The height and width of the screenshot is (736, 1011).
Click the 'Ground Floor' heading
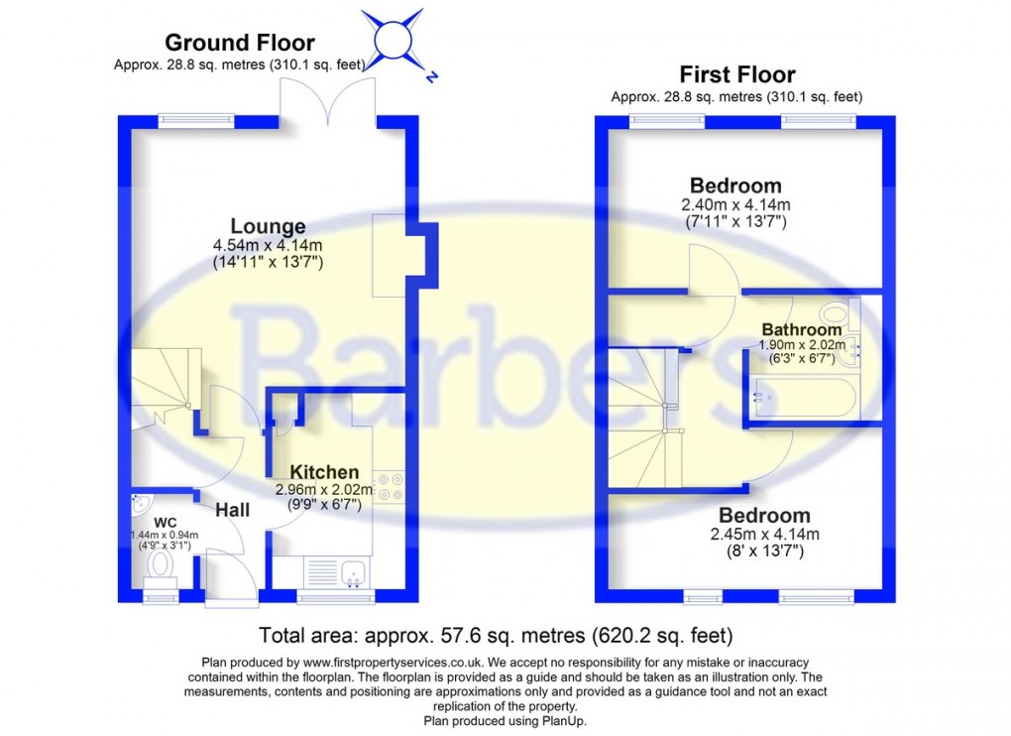pyautogui.click(x=239, y=43)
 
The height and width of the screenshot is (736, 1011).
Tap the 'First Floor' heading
pyautogui.click(x=736, y=74)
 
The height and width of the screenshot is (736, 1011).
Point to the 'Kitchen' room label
pyautogui.click(x=324, y=472)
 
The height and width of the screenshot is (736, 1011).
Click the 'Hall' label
pyautogui.click(x=232, y=510)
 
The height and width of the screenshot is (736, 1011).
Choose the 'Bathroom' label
pyautogui.click(x=801, y=329)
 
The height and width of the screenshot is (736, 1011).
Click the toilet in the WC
pyautogui.click(x=160, y=565)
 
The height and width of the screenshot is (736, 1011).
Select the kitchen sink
pyautogui.click(x=352, y=572)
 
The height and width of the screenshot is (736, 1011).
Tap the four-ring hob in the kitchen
pyautogui.click(x=389, y=483)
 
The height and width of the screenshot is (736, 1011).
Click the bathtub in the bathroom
pyautogui.click(x=804, y=399)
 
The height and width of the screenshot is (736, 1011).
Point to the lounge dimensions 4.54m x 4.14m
pyautogui.click(x=268, y=246)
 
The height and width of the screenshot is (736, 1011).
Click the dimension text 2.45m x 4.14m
pyautogui.click(x=763, y=534)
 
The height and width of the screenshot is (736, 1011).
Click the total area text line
pyautogui.click(x=496, y=635)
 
